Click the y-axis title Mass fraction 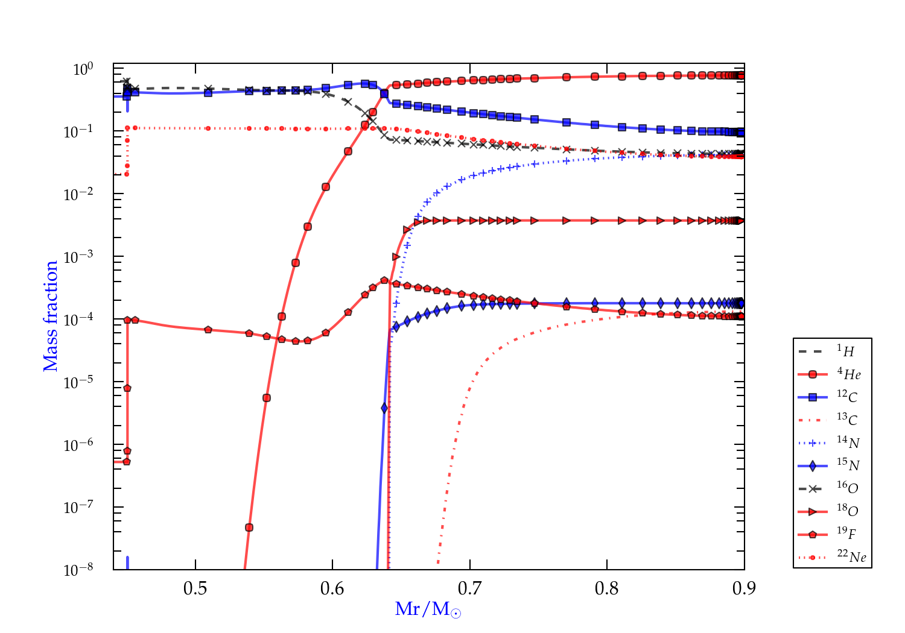click(x=51, y=316)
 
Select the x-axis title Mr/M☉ click(x=428, y=609)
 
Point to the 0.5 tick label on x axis click(x=195, y=588)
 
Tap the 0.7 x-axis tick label click(x=470, y=588)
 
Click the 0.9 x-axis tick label click(x=744, y=588)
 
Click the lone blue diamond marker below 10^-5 click(x=384, y=408)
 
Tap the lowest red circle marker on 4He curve click(x=249, y=527)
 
